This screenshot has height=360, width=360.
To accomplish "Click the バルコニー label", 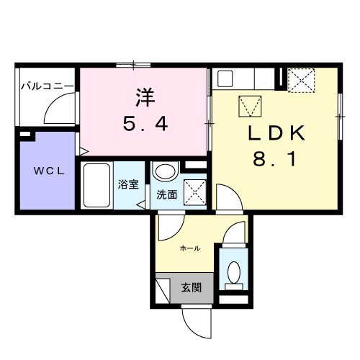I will pos(46,86).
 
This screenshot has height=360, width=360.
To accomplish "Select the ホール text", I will pos(189,248).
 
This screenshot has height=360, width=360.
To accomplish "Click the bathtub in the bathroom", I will pos(96,186).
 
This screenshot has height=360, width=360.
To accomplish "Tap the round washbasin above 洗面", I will pos(166,173).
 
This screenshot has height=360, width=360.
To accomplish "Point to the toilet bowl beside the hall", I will pos(233,271).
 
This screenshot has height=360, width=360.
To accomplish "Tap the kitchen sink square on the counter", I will pos(225,78).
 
